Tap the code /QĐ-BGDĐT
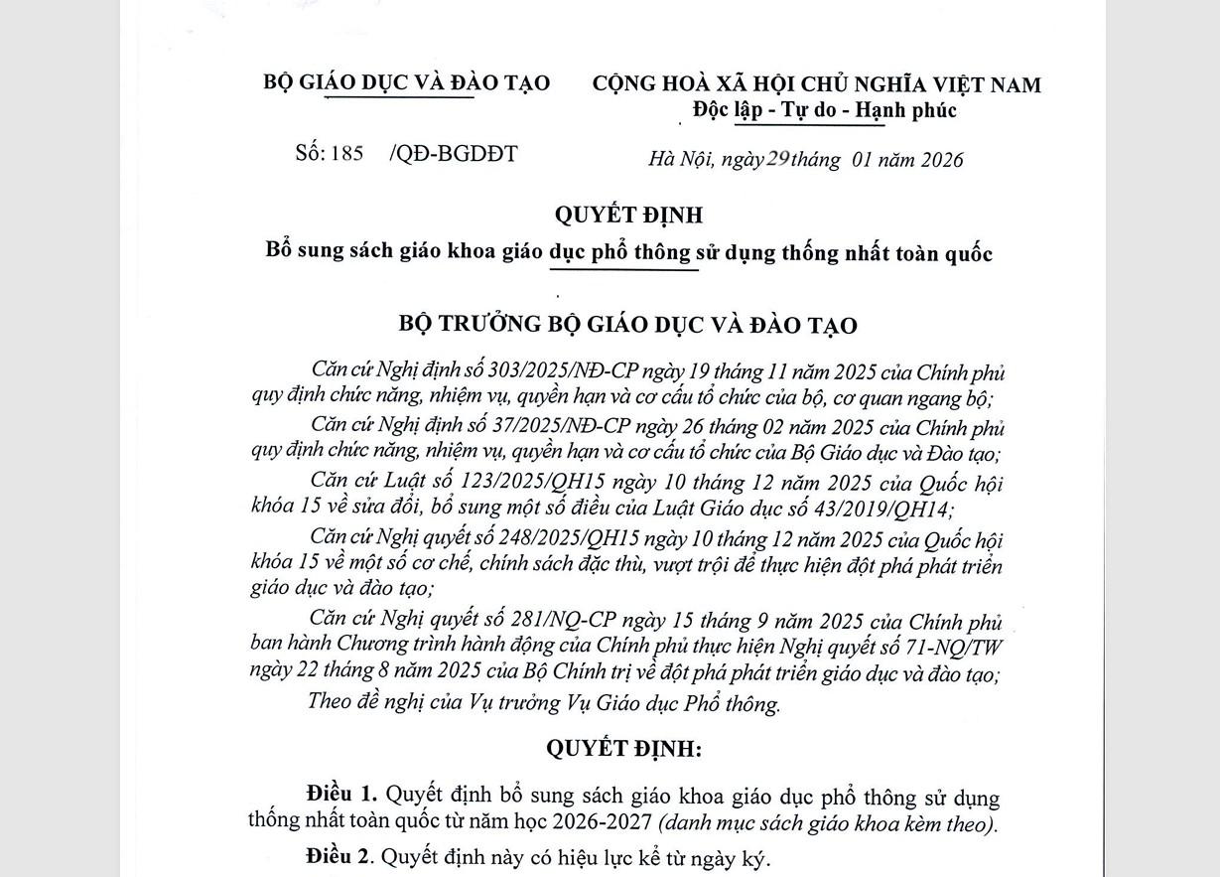[x=454, y=153]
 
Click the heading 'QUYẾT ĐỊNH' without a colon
[x=627, y=215]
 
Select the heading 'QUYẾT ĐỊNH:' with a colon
[x=623, y=749]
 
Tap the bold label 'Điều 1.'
[x=341, y=795]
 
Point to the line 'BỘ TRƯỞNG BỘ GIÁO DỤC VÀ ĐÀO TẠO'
[x=627, y=324]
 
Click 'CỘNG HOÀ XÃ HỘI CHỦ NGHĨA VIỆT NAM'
[x=816, y=84]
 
